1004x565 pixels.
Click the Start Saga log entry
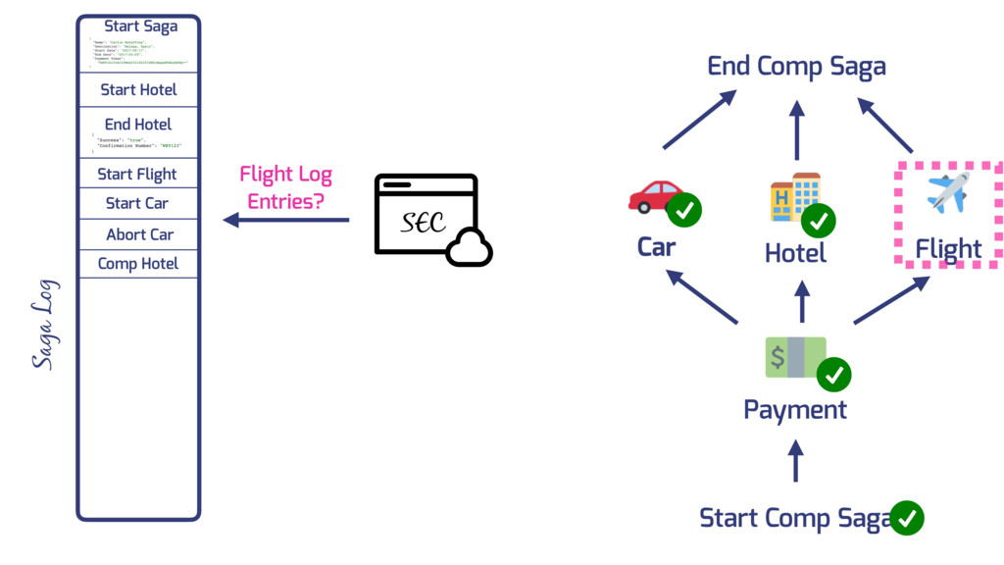pyautogui.click(x=140, y=26)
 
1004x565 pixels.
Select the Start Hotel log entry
pyautogui.click(x=138, y=89)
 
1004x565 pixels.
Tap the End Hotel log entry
pyautogui.click(x=138, y=125)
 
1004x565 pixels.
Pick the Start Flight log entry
pyautogui.click(x=137, y=175)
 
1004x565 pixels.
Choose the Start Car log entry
pyautogui.click(x=137, y=203)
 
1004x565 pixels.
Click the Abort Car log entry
pyautogui.click(x=139, y=234)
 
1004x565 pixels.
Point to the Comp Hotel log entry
pyautogui.click(x=138, y=264)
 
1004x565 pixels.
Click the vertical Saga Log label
pyautogui.click(x=45, y=324)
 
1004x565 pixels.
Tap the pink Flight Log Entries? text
pyautogui.click(x=286, y=187)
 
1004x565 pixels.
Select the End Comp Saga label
pyautogui.click(x=796, y=67)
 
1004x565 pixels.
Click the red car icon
pyautogui.click(x=655, y=195)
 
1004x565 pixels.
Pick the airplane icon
pyautogui.click(x=947, y=191)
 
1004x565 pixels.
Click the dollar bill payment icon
pyautogui.click(x=794, y=357)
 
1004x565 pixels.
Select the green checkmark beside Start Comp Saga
pyautogui.click(x=907, y=517)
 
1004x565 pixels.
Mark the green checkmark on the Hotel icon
pyautogui.click(x=818, y=221)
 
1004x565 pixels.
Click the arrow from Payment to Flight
pyautogui.click(x=891, y=300)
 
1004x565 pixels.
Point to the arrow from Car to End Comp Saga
pyautogui.click(x=700, y=120)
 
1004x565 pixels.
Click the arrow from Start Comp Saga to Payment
pyautogui.click(x=795, y=460)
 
